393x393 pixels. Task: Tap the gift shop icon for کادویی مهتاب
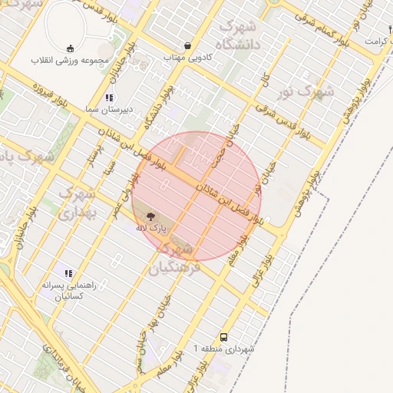point(188,45)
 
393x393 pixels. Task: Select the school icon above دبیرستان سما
point(109,97)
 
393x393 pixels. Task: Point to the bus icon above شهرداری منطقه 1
point(223,337)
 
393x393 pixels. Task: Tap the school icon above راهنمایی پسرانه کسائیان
point(68,272)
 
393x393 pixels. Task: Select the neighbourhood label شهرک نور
point(307,91)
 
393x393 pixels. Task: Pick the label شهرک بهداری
point(76,200)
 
